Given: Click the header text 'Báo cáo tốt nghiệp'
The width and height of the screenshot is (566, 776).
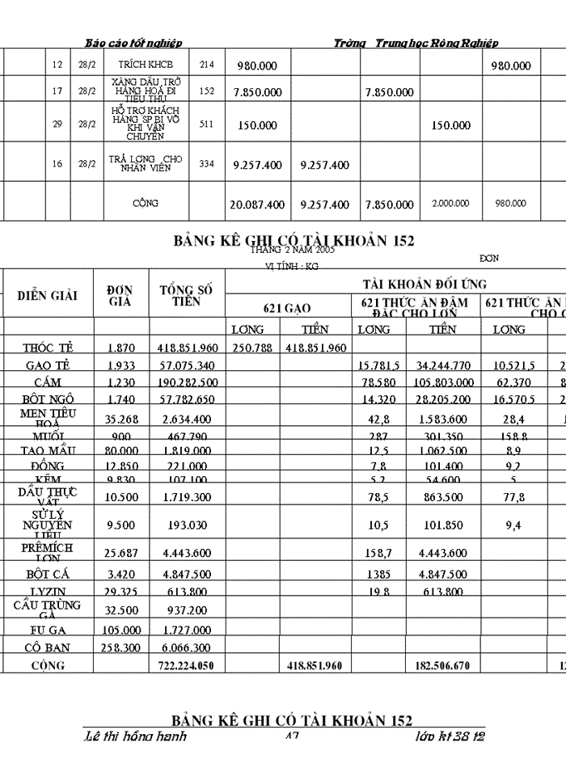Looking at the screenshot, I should coord(134,43).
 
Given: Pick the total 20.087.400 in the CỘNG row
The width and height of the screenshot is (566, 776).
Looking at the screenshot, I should coord(257,205).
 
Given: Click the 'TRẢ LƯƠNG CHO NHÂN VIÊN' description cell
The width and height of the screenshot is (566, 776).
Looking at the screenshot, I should coord(146,163).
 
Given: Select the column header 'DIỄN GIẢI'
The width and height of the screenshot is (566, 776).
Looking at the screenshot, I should coord(48,295).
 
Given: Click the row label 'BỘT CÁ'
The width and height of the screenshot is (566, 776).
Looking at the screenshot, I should coord(48,575).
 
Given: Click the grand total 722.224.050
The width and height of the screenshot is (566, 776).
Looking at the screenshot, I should coord(188,665).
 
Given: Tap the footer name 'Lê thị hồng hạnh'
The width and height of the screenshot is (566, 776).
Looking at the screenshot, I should coord(135,736).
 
